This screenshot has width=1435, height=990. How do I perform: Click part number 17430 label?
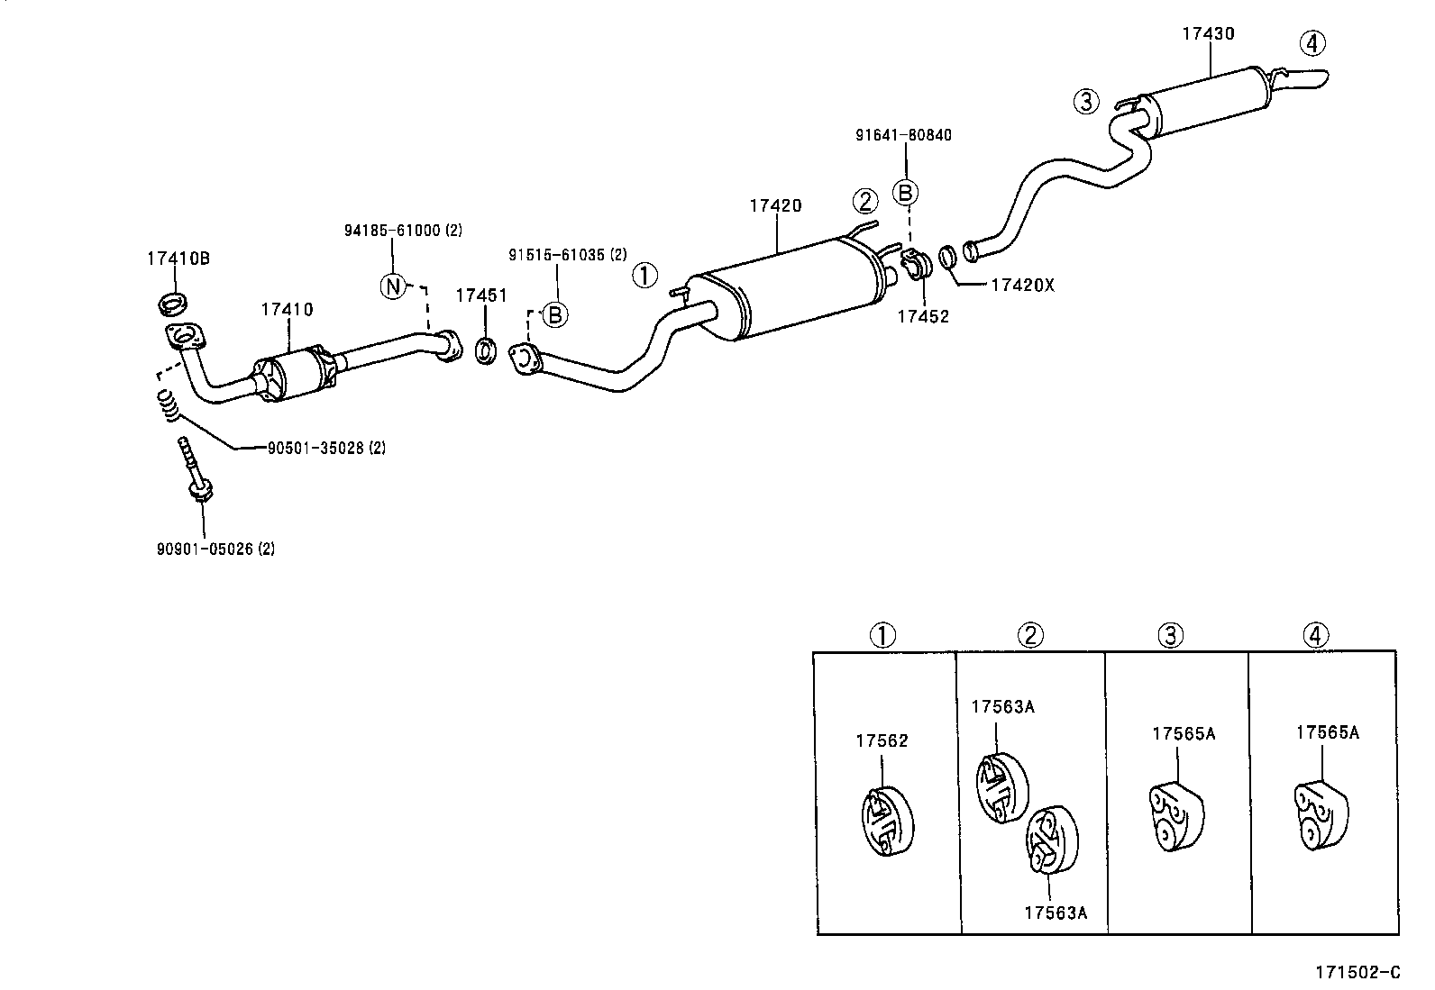click(x=1208, y=34)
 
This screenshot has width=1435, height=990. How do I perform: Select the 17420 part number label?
click(x=774, y=205)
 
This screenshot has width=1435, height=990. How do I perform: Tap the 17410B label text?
click(x=178, y=259)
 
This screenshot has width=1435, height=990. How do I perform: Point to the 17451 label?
click(x=481, y=295)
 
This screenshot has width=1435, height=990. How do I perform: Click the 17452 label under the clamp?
click(x=923, y=316)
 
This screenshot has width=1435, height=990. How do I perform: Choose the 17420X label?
click(x=1022, y=286)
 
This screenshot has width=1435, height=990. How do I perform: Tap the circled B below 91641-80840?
click(x=905, y=193)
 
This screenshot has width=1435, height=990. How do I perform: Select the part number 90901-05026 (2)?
click(x=215, y=549)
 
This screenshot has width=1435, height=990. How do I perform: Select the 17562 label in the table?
click(x=882, y=741)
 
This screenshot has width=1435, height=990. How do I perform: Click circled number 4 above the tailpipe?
click(x=1312, y=42)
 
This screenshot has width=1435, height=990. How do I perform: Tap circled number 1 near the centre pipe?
click(x=645, y=276)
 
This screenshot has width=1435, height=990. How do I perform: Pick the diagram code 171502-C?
click(x=1357, y=972)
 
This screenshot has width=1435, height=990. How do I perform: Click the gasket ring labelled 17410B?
click(x=173, y=303)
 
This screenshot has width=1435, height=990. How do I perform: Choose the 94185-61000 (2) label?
click(x=402, y=231)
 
